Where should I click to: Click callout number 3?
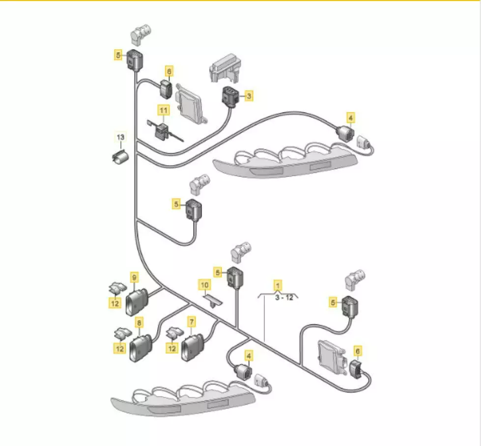[x=249, y=96]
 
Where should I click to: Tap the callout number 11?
[x=164, y=110]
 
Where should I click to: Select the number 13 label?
[x=120, y=137]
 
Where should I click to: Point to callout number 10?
[x=204, y=285]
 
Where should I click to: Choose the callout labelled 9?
[x=134, y=278]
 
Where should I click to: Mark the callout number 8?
[x=139, y=323]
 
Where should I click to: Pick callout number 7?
[x=192, y=322]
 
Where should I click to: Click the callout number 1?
[x=278, y=285]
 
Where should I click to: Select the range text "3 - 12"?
[x=284, y=298]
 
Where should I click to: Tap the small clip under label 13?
[x=120, y=156]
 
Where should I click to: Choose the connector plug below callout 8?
[x=141, y=348]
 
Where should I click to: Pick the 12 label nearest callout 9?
[x=115, y=304]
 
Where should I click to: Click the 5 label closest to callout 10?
[x=218, y=273]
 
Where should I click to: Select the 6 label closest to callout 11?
[x=169, y=72]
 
